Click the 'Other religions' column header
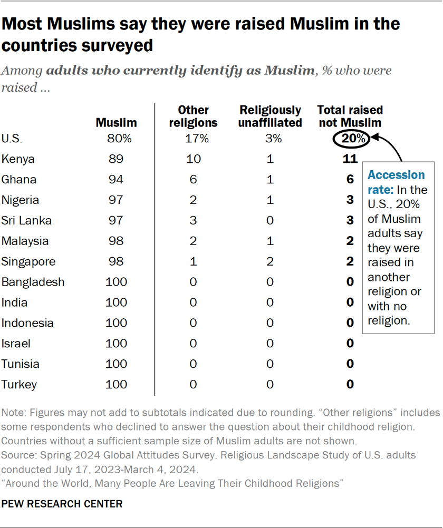[193, 116]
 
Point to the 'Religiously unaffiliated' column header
[270, 116]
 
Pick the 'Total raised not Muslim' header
[350, 116]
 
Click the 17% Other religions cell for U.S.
[193, 139]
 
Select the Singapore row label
[28, 262]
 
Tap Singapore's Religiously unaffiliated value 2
[270, 262]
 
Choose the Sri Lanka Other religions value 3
[193, 221]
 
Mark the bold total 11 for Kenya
[350, 159]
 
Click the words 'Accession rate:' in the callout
[396, 182]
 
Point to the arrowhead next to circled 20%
[375, 139]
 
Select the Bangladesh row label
[33, 282]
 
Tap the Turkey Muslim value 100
[116, 385]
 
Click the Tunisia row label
[20, 364]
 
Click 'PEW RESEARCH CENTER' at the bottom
[62, 504]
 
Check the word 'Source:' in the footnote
[17, 455]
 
